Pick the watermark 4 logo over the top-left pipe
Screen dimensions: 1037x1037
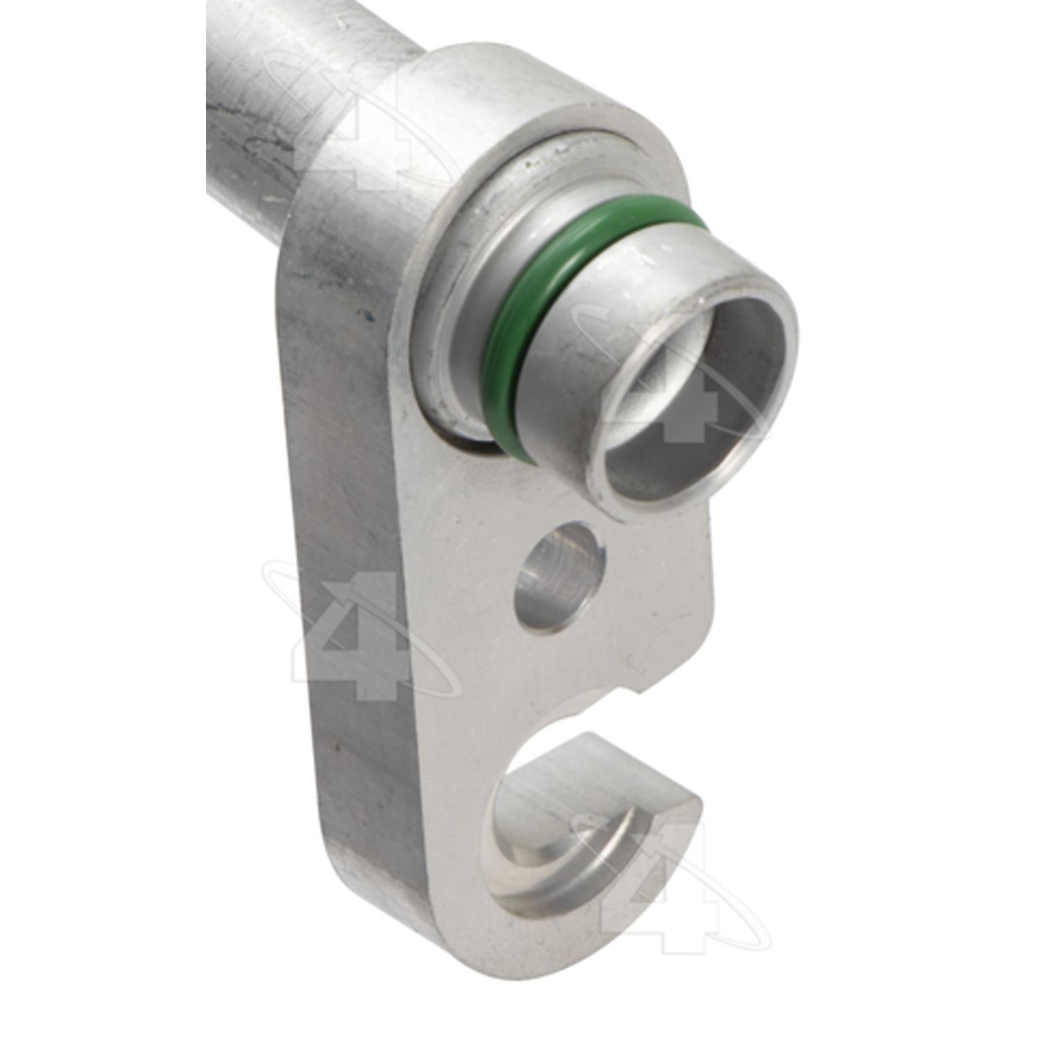(x=353, y=118)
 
